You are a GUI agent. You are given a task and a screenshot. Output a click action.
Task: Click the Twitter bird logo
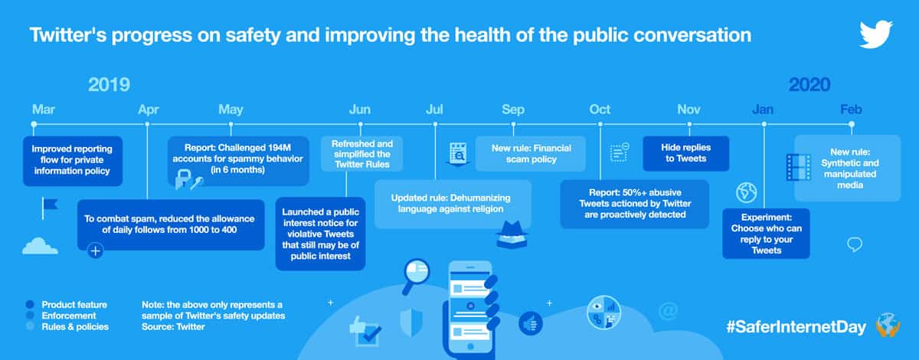(x=876, y=34)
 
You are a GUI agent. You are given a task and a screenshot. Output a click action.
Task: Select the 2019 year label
(x=109, y=84)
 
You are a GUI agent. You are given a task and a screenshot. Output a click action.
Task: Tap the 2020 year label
(x=809, y=84)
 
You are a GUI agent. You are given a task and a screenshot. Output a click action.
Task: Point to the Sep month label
(x=513, y=110)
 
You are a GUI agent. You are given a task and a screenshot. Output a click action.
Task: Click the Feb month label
(x=851, y=110)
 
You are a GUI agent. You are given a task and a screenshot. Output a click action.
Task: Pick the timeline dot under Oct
(x=600, y=124)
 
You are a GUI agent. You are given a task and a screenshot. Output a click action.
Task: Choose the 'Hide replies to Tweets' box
(x=686, y=153)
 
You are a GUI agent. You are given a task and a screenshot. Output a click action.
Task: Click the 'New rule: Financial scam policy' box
(x=531, y=153)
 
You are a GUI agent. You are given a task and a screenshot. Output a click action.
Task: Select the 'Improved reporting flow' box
(x=73, y=161)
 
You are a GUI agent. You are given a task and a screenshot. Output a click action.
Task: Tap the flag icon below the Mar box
(x=50, y=208)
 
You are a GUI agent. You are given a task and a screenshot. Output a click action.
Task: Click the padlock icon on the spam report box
(x=183, y=179)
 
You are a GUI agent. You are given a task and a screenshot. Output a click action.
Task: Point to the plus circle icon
(x=95, y=250)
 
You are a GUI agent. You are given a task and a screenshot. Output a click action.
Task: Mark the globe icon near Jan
(x=746, y=192)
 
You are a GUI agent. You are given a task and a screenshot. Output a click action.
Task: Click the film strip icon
(x=798, y=167)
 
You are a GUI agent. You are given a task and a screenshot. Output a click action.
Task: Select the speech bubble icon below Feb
(x=855, y=244)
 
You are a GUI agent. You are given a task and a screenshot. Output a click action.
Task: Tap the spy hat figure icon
(x=512, y=234)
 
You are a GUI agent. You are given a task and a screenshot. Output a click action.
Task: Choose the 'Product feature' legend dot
(x=30, y=304)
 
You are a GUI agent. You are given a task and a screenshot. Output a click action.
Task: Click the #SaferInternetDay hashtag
(x=796, y=327)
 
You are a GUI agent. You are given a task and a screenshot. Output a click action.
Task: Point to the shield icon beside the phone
(x=411, y=322)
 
